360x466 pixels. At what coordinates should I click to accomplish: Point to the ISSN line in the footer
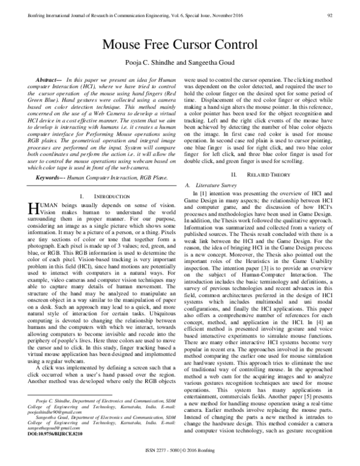(x=179, y=458)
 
